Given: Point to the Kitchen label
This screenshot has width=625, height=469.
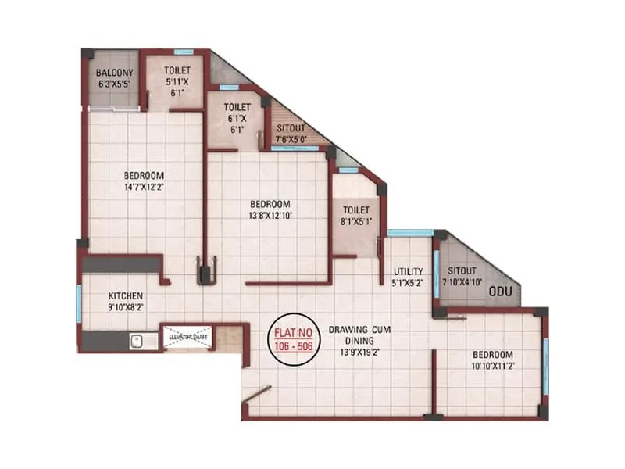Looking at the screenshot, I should coord(125,296).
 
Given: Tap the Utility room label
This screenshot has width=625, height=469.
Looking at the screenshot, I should coord(407,270).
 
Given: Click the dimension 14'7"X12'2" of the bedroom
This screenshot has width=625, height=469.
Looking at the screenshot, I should coord(142,187).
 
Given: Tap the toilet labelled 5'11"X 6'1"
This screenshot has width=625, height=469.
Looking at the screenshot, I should coord(176,81).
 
